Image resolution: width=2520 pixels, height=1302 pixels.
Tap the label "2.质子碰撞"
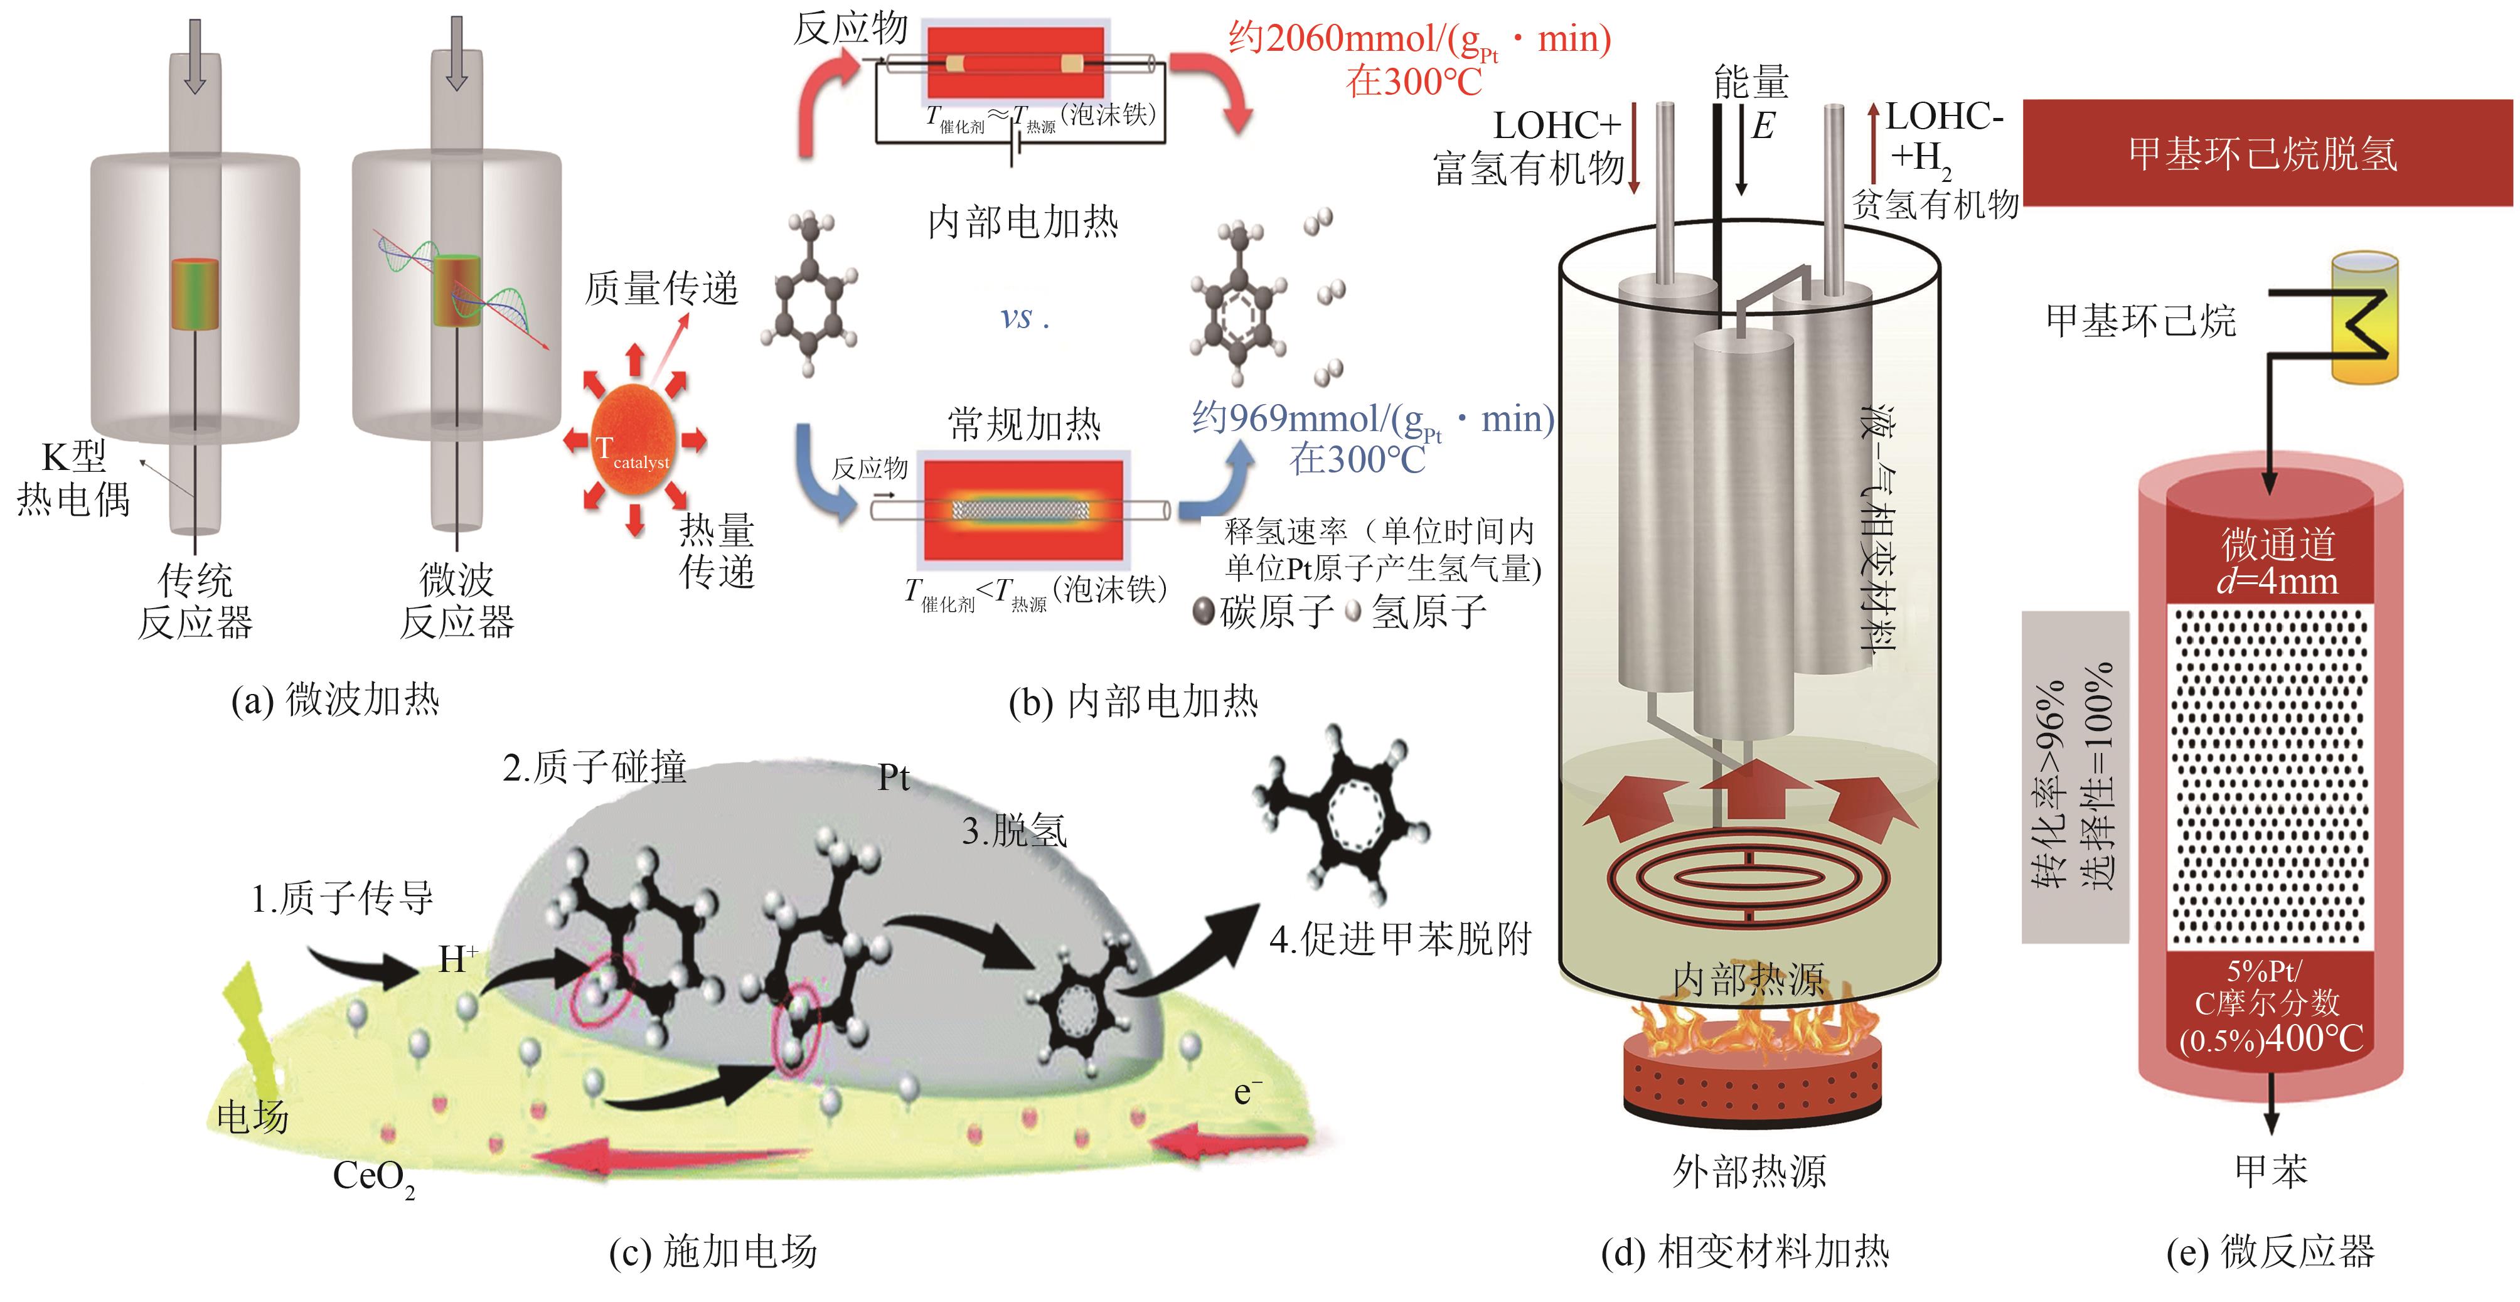(x=595, y=767)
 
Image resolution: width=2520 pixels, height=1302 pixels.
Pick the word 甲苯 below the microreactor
(x=2270, y=1171)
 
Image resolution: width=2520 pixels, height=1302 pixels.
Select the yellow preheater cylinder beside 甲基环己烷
(x=2364, y=319)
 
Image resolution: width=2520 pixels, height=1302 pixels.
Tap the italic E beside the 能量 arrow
(x=1763, y=126)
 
